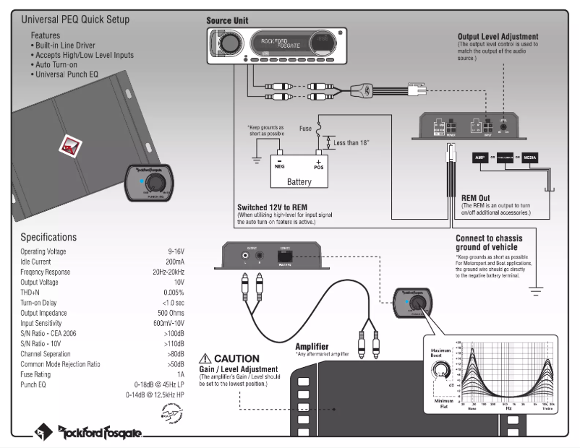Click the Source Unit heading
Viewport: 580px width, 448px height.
229,21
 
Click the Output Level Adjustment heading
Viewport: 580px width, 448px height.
498,36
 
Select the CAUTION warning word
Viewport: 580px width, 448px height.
234,358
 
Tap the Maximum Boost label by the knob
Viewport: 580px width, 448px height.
441,355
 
